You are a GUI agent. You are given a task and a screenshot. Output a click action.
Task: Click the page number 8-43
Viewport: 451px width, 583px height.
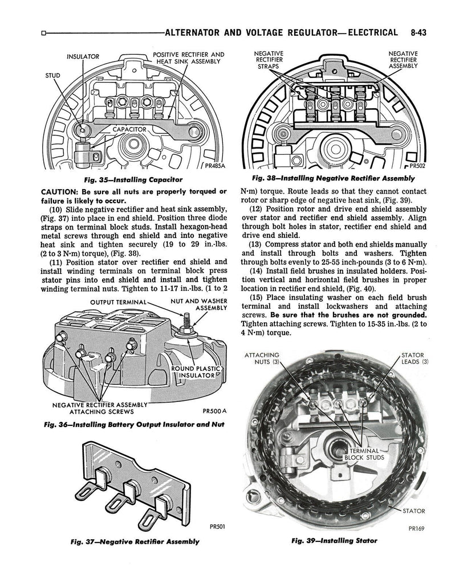pos(419,32)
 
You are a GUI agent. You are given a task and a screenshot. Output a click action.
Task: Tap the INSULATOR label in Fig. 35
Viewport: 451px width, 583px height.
pos(83,56)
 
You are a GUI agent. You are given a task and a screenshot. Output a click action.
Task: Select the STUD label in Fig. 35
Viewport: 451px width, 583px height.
pos(52,76)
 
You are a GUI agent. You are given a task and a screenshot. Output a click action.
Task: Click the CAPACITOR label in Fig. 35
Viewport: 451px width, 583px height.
pos(129,129)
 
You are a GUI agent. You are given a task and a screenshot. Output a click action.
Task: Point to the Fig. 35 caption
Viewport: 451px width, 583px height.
pos(133,180)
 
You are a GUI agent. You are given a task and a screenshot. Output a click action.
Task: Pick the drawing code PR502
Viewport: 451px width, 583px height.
pos(417,166)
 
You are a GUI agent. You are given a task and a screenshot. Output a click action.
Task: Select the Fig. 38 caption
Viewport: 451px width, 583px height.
pos(334,178)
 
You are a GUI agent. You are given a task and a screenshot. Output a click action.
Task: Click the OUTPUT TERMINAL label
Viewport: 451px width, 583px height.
pos(119,302)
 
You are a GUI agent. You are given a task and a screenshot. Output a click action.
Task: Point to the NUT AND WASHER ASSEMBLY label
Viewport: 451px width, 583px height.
pos(199,304)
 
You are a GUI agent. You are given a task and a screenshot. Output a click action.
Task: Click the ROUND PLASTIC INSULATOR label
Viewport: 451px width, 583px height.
pos(196,372)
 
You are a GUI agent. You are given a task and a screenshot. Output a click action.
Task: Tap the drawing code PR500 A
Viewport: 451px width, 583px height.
pos(214,411)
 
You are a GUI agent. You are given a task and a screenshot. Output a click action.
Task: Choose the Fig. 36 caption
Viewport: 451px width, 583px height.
pos(134,425)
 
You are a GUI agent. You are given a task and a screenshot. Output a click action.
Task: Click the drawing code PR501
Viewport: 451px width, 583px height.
pos(217,527)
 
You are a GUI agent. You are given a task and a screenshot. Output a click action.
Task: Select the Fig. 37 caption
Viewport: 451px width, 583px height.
pos(135,542)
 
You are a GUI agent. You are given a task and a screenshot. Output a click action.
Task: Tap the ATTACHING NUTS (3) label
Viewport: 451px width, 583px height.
pos(262,359)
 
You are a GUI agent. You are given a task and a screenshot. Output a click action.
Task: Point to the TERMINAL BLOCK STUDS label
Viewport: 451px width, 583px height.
pos(364,454)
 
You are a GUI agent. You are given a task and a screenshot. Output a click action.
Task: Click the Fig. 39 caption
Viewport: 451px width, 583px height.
pos(335,541)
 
